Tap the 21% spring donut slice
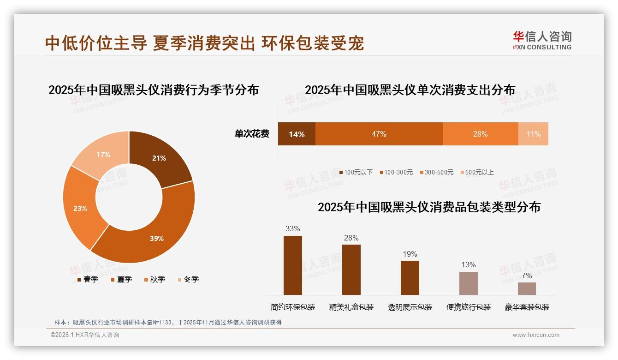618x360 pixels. click(159, 158)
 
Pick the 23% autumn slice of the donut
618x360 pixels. click(80, 208)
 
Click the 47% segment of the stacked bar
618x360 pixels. click(379, 134)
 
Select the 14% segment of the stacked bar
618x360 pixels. click(297, 134)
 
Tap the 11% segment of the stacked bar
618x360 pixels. click(533, 134)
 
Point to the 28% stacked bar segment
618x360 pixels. click(480, 134)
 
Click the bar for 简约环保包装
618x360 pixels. click(293, 265)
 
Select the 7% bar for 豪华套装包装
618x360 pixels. click(527, 288)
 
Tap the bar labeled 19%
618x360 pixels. click(410, 277)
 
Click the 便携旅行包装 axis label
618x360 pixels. click(469, 307)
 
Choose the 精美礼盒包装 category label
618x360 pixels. click(351, 307)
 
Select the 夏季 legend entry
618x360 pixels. click(122, 279)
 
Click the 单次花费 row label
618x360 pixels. click(252, 134)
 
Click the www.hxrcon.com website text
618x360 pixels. click(536, 335)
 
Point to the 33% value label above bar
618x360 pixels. click(293, 228)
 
